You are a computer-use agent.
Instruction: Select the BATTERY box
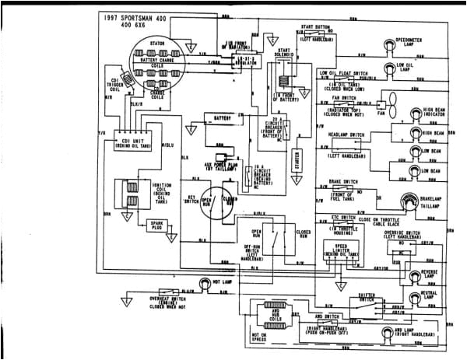point(218,117)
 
